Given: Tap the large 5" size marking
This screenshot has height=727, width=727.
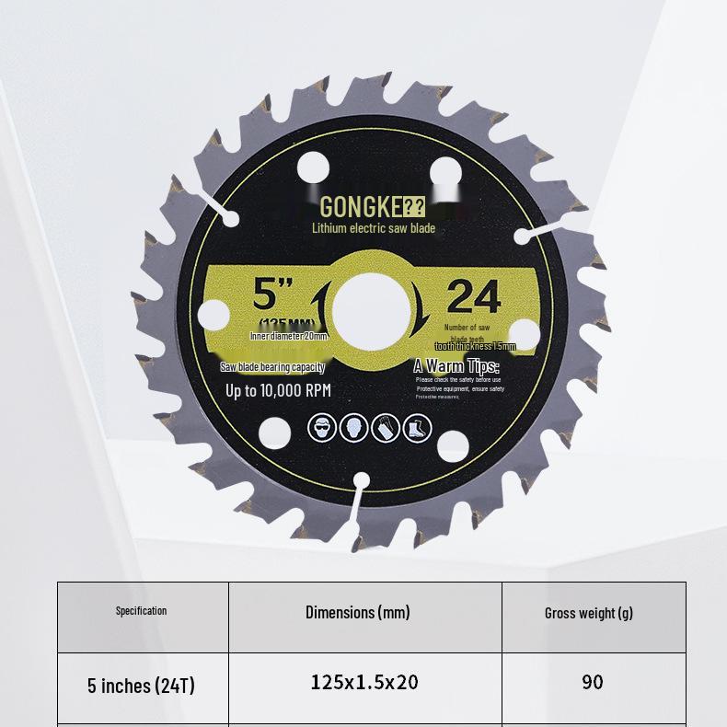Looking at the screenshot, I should pos(272,294).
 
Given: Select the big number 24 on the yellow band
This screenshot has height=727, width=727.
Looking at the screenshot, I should pos(473,297).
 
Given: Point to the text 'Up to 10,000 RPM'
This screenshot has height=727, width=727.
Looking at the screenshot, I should pos(278,390).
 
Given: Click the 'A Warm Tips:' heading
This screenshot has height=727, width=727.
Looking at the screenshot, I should pos(456,366).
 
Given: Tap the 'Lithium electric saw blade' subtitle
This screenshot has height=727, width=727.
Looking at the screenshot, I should pos(373,228).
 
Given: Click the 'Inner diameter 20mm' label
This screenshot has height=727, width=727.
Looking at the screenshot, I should pos(288,337).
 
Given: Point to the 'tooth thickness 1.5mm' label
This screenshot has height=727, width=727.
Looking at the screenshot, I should pos(475,347).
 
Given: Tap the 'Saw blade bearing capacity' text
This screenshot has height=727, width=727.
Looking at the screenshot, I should pos(273,367).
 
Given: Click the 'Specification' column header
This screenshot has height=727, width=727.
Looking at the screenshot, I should pos(142,611).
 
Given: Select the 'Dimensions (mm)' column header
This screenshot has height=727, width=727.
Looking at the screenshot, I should pos(358,612).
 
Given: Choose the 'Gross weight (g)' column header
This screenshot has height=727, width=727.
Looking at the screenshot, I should pos(589,613).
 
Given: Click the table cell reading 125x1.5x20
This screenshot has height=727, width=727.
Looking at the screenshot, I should pos(364,682).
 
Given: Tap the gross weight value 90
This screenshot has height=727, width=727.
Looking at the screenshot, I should pos(592,682).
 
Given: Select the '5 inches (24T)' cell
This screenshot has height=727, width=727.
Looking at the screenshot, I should pos(141,686).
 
